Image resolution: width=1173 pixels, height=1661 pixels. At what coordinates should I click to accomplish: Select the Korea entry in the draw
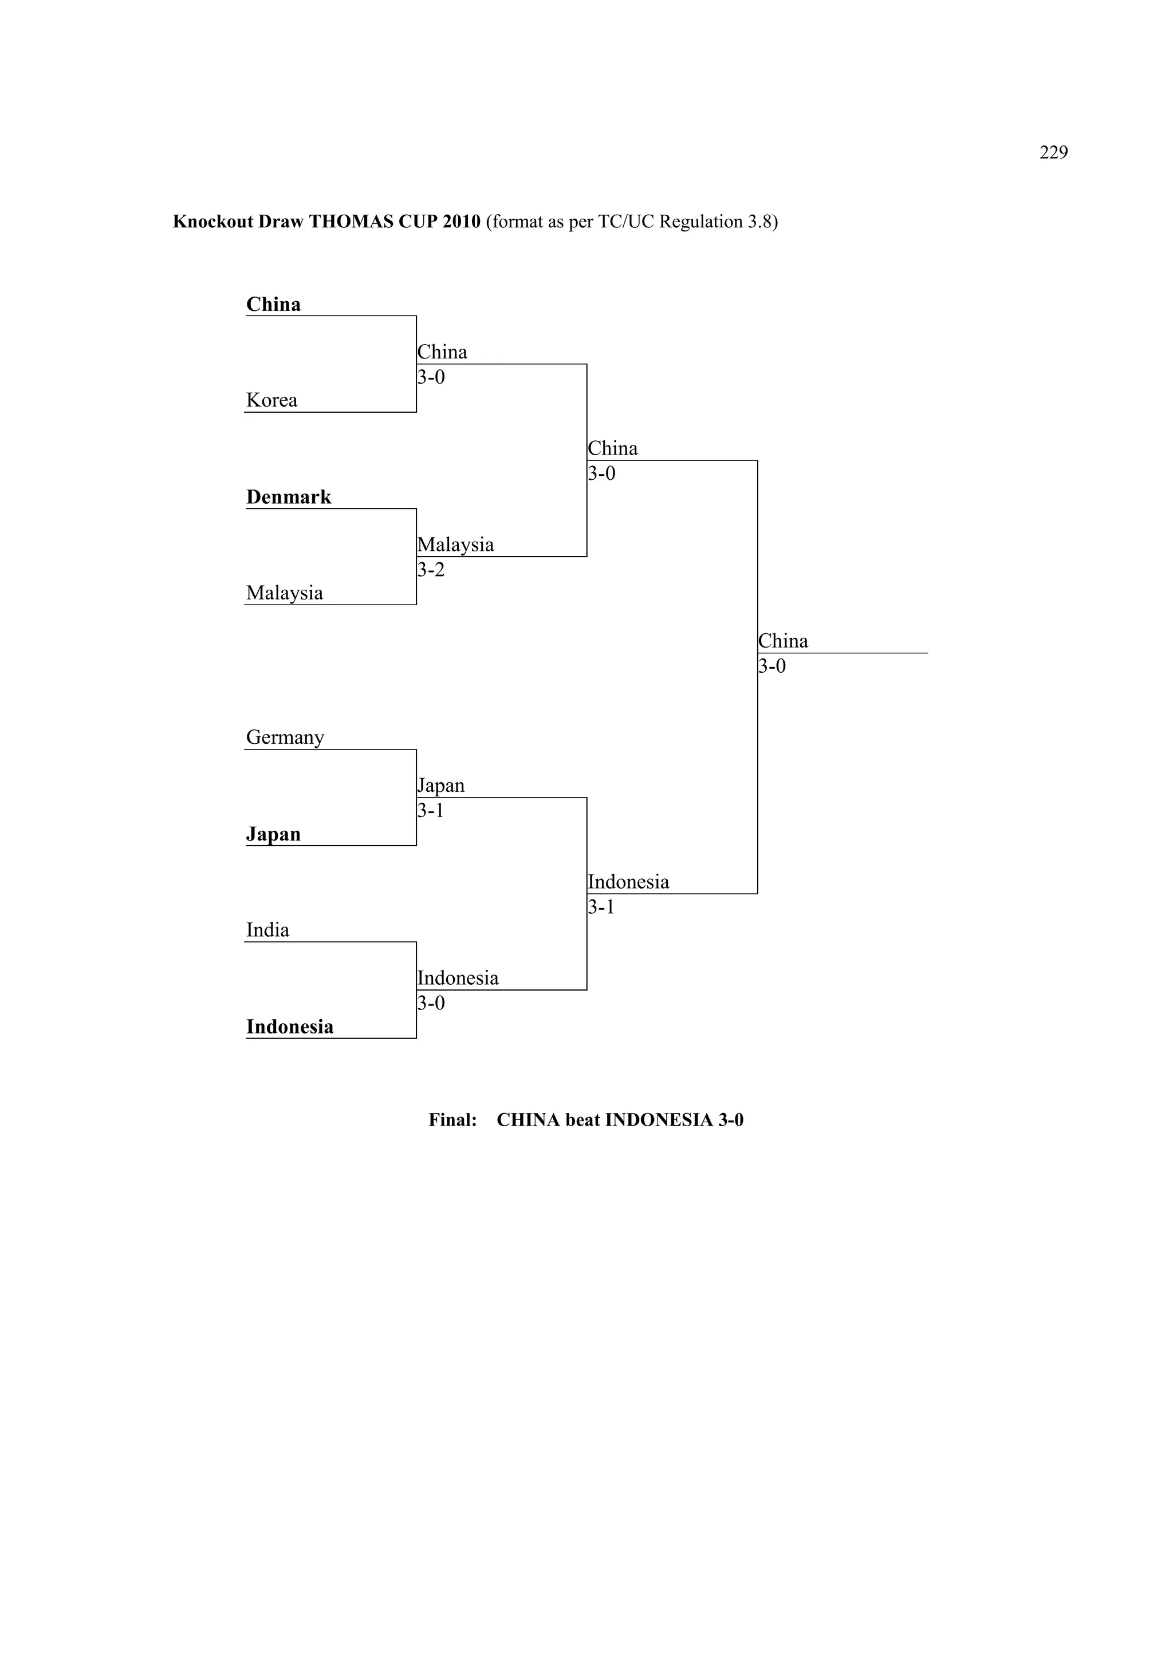click(271, 400)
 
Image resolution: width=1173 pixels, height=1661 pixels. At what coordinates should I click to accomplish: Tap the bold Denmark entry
click(288, 497)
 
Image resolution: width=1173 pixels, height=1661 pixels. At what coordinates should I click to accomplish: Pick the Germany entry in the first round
click(285, 737)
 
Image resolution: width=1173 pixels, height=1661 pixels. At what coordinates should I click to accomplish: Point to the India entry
click(267, 930)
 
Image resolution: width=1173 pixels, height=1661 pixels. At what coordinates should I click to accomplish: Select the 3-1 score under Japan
click(431, 811)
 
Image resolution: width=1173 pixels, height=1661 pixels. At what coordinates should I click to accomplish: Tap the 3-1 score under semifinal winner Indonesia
click(601, 907)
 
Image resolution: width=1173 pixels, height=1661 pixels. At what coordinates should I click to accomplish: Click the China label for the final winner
click(783, 641)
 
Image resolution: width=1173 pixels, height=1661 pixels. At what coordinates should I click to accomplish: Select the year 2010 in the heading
click(461, 222)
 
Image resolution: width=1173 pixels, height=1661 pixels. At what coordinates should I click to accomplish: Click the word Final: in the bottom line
click(452, 1120)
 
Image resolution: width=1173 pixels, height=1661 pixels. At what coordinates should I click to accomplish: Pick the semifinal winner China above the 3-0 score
click(612, 448)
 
